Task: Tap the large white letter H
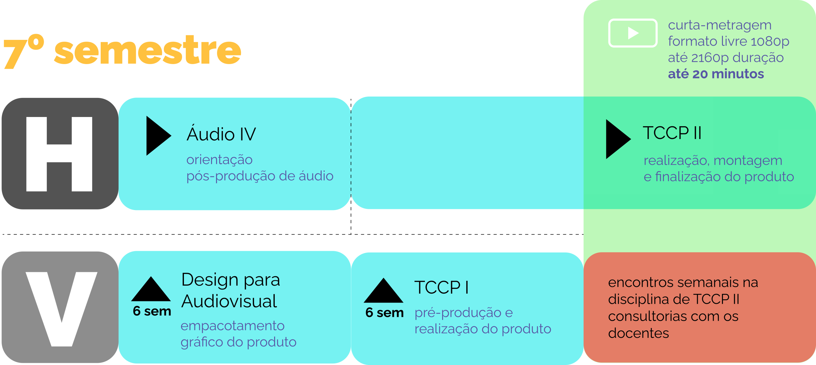59,154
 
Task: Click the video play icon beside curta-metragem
633,33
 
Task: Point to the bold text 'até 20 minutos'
716,74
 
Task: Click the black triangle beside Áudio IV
157,136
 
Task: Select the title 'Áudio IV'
221,134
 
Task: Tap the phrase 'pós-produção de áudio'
260,176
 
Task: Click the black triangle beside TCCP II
616,139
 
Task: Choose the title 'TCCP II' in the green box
672,133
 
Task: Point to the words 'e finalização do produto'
718,177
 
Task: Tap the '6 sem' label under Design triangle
152,311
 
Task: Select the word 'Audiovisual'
229,301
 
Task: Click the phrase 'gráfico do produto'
238,342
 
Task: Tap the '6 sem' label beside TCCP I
384,313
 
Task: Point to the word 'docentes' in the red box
638,333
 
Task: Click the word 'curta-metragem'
719,25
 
